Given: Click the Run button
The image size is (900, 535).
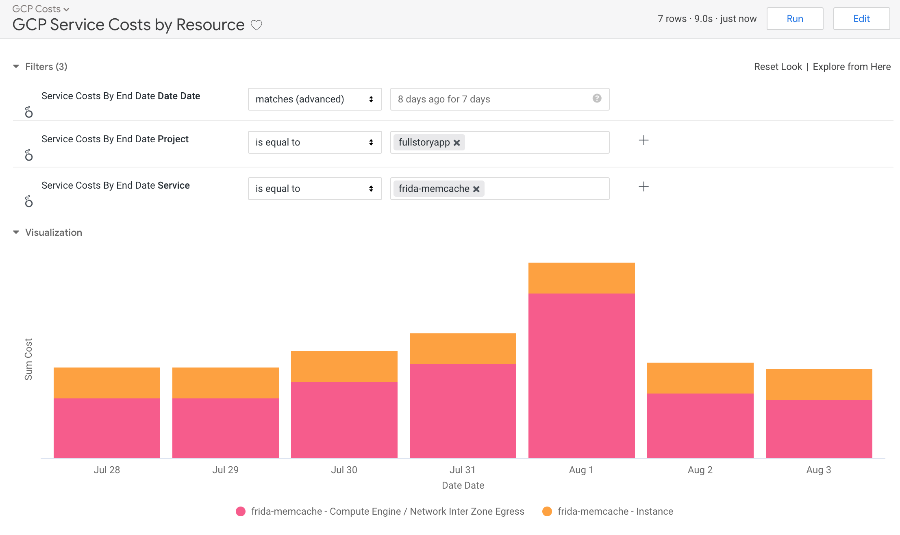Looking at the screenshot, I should (x=795, y=19).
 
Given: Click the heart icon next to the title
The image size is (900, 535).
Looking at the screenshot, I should (x=256, y=25).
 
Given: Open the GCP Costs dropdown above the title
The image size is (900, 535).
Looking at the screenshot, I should (x=41, y=9).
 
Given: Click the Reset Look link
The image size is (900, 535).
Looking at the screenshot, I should (x=778, y=67).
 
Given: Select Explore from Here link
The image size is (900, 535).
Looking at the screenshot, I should (x=852, y=67).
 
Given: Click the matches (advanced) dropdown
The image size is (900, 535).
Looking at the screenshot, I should (x=315, y=99).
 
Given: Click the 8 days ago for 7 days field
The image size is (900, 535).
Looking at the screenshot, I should (x=488, y=99).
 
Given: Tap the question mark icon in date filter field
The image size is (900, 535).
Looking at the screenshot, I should (x=597, y=98).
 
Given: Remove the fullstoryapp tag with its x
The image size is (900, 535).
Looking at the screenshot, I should (x=457, y=143).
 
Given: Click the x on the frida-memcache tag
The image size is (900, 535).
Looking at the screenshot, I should (x=476, y=189).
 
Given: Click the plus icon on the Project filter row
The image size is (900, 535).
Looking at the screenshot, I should (x=643, y=141).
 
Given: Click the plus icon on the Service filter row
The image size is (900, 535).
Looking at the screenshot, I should (x=643, y=187).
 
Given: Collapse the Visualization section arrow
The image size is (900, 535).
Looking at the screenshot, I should (x=16, y=233).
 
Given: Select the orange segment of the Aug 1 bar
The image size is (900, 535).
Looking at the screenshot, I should (x=581, y=278).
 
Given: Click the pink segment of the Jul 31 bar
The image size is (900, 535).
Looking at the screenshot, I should (x=463, y=411).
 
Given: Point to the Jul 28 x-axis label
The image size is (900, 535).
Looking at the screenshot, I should (x=107, y=470).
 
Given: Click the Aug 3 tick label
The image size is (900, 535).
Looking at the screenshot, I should (x=818, y=470).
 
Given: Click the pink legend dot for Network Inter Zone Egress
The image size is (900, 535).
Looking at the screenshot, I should (x=241, y=511).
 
